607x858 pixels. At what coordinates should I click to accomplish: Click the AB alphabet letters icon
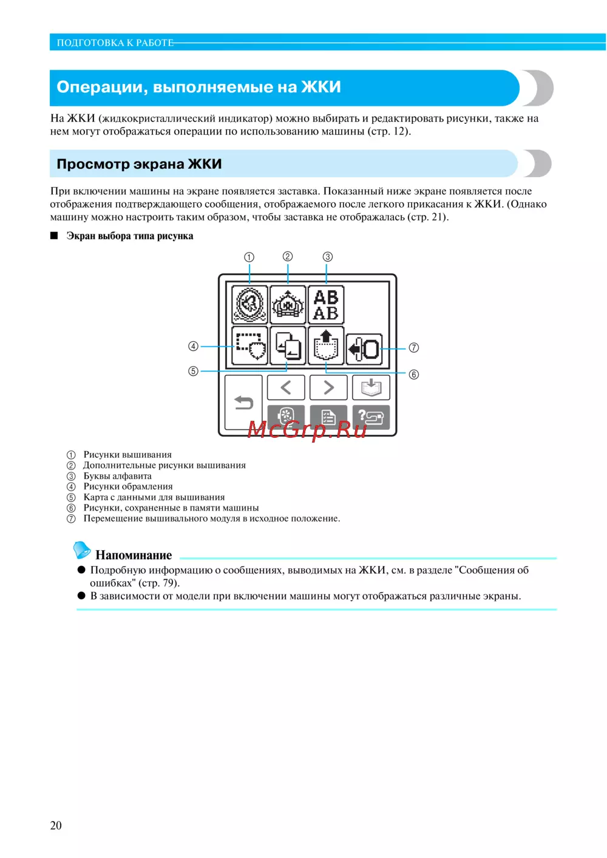point(326,305)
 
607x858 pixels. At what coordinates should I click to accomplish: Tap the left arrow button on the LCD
point(286,387)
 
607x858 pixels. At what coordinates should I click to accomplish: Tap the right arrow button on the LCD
point(328,387)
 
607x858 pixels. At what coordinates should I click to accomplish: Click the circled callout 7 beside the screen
point(414,348)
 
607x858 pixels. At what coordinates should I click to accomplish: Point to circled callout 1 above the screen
point(249,257)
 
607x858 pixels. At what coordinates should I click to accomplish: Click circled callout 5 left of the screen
point(193,371)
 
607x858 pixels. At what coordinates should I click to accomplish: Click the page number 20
point(56,825)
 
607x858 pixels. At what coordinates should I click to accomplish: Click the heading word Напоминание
point(134,555)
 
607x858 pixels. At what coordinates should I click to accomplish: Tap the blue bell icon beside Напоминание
point(82,550)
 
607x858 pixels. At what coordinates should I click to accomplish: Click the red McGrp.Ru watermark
point(307,429)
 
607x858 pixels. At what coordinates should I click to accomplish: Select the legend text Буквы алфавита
point(117,476)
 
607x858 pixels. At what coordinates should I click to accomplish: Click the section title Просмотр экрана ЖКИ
point(139,164)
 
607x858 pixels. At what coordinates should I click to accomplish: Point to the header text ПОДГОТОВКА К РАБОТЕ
point(115,43)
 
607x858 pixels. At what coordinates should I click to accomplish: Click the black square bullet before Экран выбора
point(54,236)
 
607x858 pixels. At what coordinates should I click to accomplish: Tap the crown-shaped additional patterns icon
point(288,305)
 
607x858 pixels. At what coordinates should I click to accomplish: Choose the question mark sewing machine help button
point(371,417)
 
